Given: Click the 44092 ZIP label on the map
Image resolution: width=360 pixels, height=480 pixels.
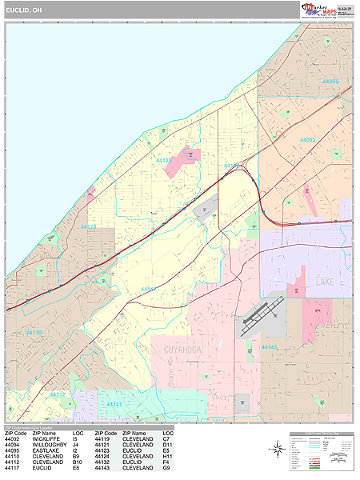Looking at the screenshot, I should [308, 141].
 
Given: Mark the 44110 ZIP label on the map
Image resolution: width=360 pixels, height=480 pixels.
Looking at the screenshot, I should [34, 332].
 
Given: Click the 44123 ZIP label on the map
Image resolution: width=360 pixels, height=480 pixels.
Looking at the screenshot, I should [164, 161].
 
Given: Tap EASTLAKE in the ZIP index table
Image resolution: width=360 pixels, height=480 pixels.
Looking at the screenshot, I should [46, 450].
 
